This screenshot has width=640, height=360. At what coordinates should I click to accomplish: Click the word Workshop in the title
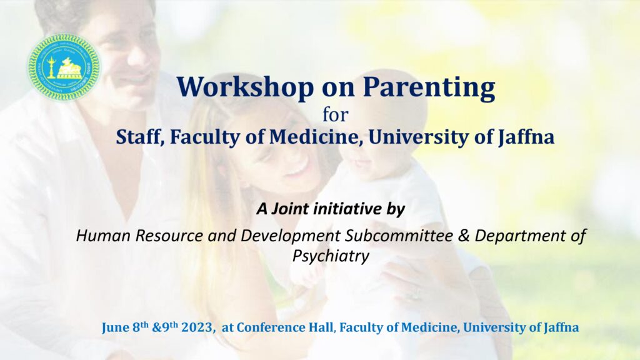point(245,87)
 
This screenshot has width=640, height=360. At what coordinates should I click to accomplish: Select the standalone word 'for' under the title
point(336,114)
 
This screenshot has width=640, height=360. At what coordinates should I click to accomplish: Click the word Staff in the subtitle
point(140,137)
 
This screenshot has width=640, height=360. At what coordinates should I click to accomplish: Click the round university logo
point(64,67)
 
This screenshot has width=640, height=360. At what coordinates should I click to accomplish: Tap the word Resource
point(169,236)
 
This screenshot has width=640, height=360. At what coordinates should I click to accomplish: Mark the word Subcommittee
point(399,236)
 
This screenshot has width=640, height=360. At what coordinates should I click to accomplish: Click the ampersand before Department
point(464,236)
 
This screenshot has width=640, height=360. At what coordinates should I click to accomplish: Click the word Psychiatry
point(331,256)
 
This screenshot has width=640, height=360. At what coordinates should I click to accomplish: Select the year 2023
point(197,327)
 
